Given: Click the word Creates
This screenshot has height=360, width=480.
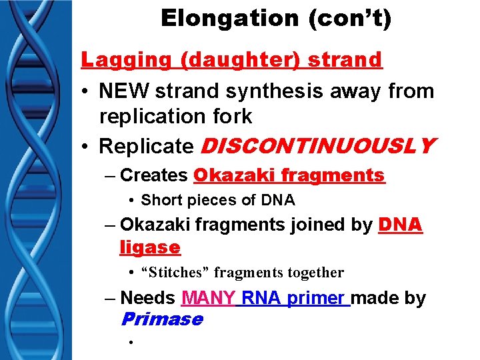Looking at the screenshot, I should pos(154,175).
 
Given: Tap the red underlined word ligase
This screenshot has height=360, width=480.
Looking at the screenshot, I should pos(150,247).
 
